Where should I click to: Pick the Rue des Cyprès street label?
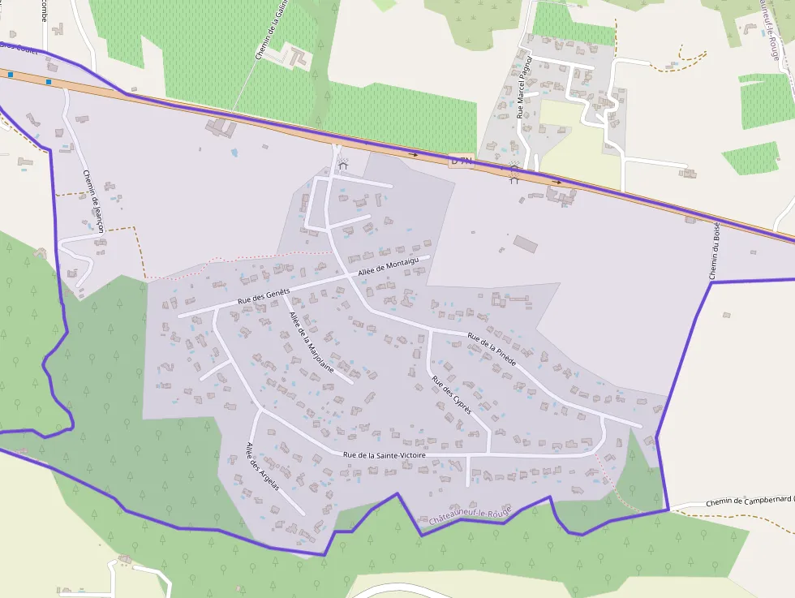(x=451, y=395)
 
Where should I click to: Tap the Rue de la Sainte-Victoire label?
(x=384, y=456)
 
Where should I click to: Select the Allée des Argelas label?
(x=263, y=467)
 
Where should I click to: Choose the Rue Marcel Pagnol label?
(x=524, y=88)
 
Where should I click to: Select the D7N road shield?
(x=461, y=161)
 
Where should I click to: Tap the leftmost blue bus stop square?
(x=11, y=75)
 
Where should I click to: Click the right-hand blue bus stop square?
(x=49, y=82)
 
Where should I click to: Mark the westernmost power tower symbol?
(x=342, y=165)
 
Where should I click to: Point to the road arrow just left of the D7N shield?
(x=413, y=153)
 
